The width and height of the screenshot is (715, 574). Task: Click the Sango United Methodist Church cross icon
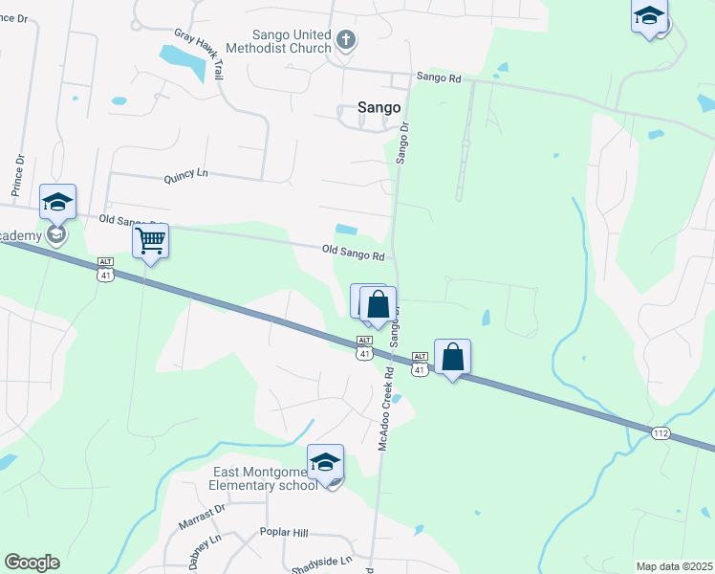click(x=346, y=40)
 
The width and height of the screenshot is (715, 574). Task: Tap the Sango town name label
click(x=379, y=108)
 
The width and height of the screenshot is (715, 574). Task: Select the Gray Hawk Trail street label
click(x=199, y=53)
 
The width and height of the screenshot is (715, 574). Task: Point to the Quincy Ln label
click(x=186, y=176)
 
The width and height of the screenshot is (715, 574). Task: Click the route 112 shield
click(x=661, y=433)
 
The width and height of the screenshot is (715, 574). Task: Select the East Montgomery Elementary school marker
click(x=325, y=461)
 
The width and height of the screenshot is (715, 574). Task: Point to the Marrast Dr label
click(x=201, y=518)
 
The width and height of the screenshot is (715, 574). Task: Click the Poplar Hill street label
click(x=284, y=532)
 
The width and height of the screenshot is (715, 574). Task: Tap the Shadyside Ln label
click(x=321, y=561)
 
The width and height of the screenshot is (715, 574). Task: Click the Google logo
click(x=32, y=563)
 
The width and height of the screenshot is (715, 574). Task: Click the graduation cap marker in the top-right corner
click(x=649, y=17)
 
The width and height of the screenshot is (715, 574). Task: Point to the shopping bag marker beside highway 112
click(x=453, y=358)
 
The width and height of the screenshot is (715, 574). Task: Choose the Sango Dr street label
click(x=402, y=143)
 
